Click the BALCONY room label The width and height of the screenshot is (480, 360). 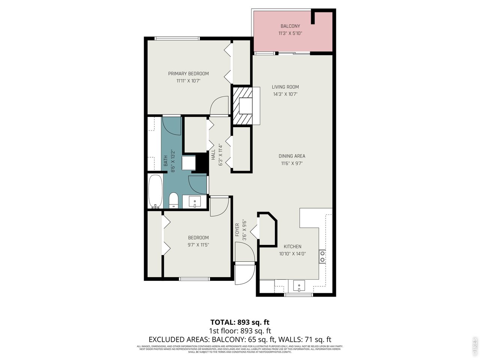pos(290,26)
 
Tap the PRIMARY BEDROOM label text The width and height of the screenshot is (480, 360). pos(188,73)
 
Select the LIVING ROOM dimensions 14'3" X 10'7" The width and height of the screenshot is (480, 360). pos(285,94)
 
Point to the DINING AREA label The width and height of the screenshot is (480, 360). pos(292,156)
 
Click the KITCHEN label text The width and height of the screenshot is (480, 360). pos(292,246)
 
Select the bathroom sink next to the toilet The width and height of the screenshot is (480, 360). pos(195,202)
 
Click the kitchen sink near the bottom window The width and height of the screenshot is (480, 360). pos(299,286)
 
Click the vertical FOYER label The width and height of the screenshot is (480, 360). pos(237,230)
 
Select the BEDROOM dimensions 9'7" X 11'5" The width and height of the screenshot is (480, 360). pos(198,245)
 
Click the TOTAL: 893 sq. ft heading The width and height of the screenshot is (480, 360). pos(240,322)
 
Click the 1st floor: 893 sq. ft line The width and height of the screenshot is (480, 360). pos(240,331)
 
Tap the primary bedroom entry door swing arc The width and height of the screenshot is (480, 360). pos(219,105)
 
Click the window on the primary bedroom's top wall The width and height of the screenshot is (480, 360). pos(177,38)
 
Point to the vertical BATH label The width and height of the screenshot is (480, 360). pos(165,161)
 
